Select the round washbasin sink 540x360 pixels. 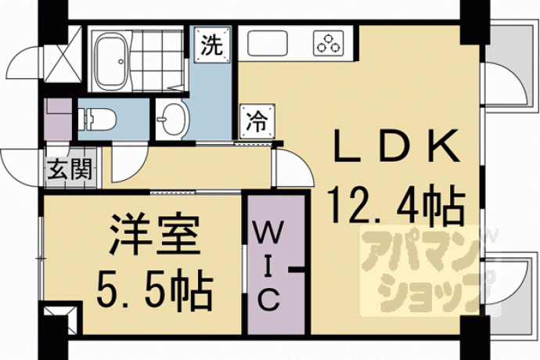click(x=173, y=120)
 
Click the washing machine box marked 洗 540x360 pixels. click(x=212, y=45)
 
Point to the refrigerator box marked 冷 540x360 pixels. click(x=257, y=121)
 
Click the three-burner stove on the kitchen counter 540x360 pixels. click(x=329, y=43)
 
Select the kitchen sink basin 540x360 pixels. click(x=267, y=43)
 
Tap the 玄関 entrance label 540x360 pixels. click(x=70, y=169)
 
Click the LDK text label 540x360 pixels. click(x=396, y=146)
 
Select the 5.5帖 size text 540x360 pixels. click(x=154, y=289)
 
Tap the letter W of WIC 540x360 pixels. click(x=269, y=231)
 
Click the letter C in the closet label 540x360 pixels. click(x=268, y=299)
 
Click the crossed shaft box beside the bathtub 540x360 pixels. click(x=63, y=54)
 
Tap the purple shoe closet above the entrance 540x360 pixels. click(x=58, y=119)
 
